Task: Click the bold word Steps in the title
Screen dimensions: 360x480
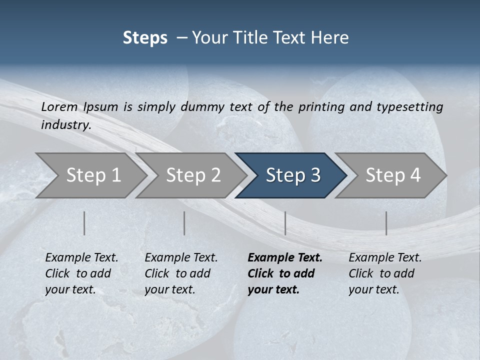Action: tap(145, 38)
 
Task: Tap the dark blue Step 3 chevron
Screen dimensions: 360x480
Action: tap(293, 175)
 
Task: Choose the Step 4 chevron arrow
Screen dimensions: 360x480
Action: tap(393, 175)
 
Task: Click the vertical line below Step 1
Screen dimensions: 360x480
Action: tap(84, 223)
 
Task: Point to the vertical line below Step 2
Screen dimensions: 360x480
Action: tap(184, 223)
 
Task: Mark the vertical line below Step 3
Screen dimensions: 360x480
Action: tap(285, 223)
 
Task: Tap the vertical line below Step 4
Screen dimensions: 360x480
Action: tap(386, 223)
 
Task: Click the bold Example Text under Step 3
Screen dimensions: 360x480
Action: tap(285, 273)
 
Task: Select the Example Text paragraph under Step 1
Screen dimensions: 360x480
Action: tap(81, 273)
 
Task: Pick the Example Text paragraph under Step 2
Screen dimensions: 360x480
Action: tap(181, 273)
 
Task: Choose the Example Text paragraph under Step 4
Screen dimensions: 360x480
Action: tap(385, 273)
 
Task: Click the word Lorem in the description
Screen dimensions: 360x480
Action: tap(59, 106)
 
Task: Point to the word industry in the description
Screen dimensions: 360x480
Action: tap(65, 125)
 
